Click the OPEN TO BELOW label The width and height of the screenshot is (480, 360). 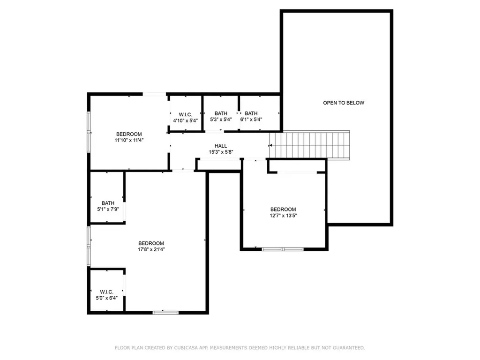(343, 103)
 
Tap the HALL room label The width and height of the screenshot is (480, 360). (221, 146)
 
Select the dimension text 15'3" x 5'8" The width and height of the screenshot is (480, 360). (221, 152)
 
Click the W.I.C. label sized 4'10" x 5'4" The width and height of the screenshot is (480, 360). (185, 114)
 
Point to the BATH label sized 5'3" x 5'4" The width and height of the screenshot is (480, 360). (221, 113)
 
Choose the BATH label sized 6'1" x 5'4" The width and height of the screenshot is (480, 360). (251, 113)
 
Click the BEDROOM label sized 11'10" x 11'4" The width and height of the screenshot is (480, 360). (129, 134)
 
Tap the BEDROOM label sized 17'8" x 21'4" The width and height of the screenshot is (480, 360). (151, 243)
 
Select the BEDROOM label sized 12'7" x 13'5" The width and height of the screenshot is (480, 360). (283, 209)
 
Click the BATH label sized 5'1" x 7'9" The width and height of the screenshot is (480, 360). (108, 203)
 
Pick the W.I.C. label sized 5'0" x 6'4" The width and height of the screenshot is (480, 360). (106, 292)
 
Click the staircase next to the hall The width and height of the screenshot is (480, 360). (309, 145)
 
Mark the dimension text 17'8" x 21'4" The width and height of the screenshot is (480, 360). (151, 249)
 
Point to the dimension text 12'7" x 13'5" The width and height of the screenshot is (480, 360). (283, 216)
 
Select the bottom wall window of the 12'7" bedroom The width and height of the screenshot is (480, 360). (283, 249)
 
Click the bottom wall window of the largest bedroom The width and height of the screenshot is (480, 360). (165, 312)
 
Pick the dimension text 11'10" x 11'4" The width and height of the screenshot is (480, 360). (129, 140)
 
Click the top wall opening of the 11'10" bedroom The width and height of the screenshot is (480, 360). (154, 94)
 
